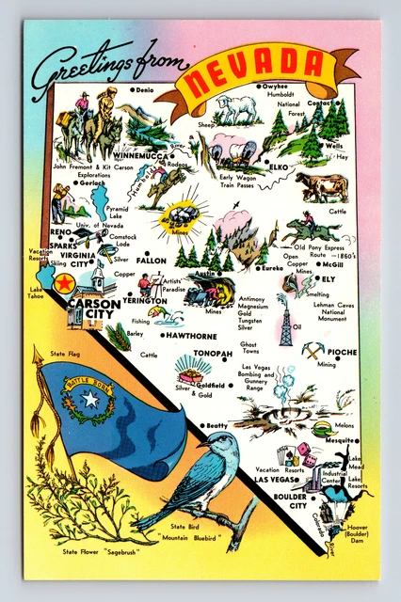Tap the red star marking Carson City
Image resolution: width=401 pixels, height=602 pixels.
(x=65, y=283)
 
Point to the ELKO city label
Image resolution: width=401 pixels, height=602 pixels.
(x=279, y=166)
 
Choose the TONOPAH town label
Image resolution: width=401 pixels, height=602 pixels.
(x=213, y=355)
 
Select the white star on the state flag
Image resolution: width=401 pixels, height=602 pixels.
(x=90, y=400)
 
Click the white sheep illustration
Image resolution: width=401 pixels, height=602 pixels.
(x=236, y=108)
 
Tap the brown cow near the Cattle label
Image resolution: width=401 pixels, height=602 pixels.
(x=322, y=185)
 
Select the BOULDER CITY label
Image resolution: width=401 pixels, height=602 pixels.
(x=284, y=500)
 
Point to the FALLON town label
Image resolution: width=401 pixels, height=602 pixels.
(x=151, y=261)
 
